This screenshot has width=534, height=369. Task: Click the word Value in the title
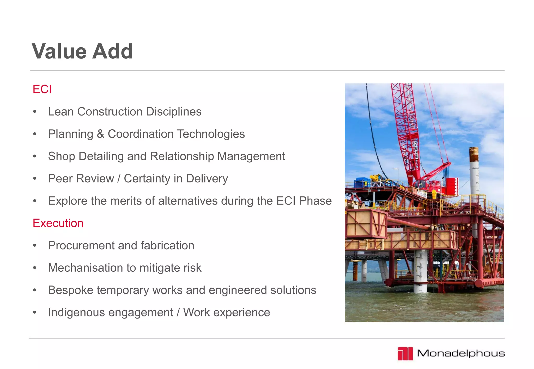[x=59, y=51]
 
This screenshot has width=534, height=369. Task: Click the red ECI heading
[x=42, y=89]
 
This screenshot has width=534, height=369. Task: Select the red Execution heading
[x=58, y=223]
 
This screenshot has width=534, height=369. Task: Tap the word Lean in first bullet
[x=60, y=112]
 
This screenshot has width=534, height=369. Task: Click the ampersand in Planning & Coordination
[x=100, y=134]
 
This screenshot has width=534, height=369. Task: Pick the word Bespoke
[x=70, y=290]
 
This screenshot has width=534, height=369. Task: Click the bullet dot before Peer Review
[x=35, y=179]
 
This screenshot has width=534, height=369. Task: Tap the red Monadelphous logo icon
[x=405, y=353]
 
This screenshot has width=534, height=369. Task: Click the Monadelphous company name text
[x=461, y=353]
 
